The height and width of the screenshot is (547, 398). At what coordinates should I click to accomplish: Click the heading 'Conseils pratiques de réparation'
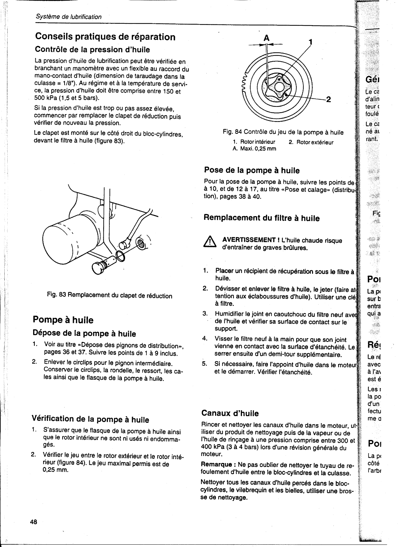105,36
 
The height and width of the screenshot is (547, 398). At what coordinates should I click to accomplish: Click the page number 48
34,522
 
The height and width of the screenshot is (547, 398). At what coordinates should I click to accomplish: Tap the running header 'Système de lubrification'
69,17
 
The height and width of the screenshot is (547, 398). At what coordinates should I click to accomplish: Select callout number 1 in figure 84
310,42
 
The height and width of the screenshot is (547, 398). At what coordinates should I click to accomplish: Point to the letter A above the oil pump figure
267,38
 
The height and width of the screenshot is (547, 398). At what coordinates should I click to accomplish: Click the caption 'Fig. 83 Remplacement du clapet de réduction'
110,296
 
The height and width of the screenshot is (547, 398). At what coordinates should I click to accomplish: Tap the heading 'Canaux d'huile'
230,413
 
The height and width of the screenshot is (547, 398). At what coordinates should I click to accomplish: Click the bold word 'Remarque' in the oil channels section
216,465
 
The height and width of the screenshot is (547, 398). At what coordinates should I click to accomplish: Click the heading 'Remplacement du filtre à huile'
262,218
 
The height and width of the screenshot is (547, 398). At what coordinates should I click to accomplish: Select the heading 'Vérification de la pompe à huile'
90,419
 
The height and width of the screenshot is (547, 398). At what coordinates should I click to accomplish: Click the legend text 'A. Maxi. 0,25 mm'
254,149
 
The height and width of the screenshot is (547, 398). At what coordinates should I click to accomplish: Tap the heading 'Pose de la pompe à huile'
252,170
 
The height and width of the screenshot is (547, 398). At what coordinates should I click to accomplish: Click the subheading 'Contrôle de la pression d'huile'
92,50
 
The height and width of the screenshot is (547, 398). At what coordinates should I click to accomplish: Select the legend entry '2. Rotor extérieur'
311,142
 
